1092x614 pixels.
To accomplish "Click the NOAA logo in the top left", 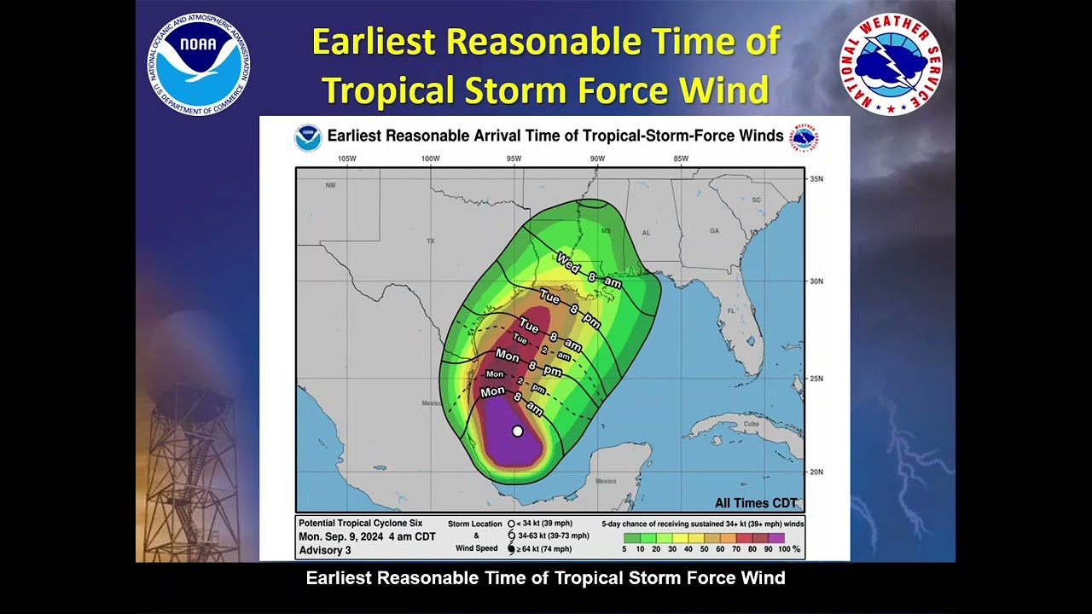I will point(198,64).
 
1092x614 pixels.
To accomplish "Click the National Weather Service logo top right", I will point(891,64).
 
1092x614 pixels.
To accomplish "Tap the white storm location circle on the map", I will point(517,432).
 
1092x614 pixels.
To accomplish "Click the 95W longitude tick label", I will point(514,159).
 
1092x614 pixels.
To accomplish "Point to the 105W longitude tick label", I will point(346,159).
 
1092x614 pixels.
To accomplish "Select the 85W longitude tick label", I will point(681,159).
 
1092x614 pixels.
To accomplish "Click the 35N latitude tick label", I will point(816,179).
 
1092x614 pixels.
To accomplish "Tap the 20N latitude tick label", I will point(816,472).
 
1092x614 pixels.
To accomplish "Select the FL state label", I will point(730,311).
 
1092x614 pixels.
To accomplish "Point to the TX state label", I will point(430,241).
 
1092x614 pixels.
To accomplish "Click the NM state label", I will point(330,185).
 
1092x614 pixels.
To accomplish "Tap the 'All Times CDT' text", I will point(756,503).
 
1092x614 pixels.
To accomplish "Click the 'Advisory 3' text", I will point(324,550).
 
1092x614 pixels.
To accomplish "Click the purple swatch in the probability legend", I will point(775,538).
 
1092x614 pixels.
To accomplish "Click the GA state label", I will point(714,231).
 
